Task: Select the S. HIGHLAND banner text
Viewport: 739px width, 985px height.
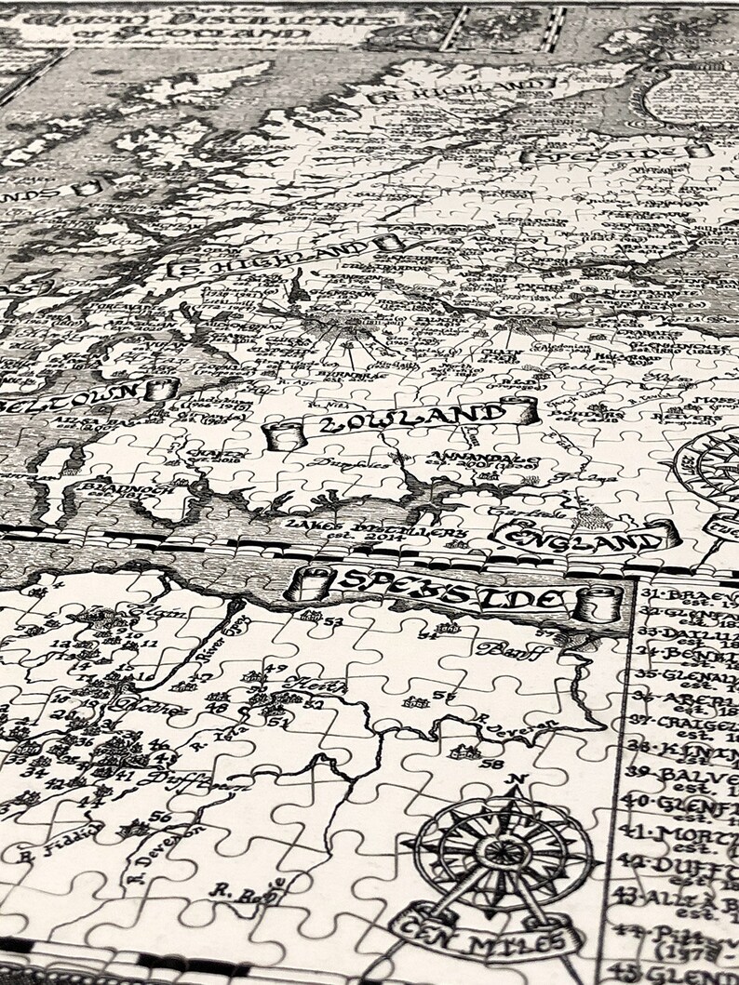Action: click(x=278, y=260)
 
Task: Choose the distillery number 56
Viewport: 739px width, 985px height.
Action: click(x=160, y=817)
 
